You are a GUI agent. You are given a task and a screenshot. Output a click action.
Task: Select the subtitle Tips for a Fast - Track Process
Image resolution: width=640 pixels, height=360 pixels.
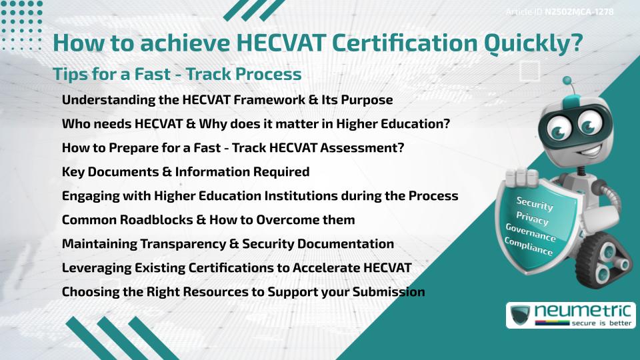pyautogui.click(x=177, y=74)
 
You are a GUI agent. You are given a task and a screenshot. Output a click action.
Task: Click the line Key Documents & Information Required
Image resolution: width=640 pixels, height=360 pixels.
pyautogui.click(x=185, y=172)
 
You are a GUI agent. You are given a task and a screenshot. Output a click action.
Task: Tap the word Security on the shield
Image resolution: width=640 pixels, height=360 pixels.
pyautogui.click(x=535, y=203)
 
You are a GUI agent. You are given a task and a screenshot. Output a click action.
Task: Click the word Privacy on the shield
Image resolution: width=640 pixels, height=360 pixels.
pyautogui.click(x=532, y=218)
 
